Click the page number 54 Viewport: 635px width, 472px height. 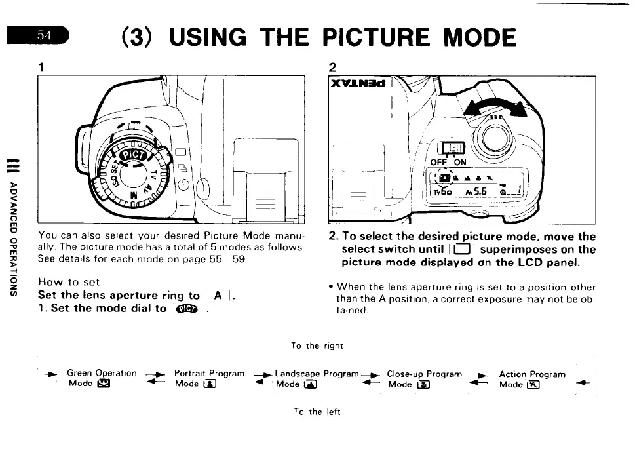(x=44, y=35)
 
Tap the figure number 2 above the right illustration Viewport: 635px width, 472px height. (x=332, y=67)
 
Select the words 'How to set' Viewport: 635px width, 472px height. (x=68, y=282)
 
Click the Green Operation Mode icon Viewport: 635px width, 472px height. (x=102, y=385)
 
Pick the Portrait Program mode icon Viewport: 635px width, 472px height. (x=211, y=385)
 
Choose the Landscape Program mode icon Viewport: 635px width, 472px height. (x=311, y=385)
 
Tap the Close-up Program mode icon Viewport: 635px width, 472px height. (x=424, y=385)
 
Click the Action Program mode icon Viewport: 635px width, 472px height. (x=533, y=385)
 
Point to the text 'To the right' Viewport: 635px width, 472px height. (x=317, y=345)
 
